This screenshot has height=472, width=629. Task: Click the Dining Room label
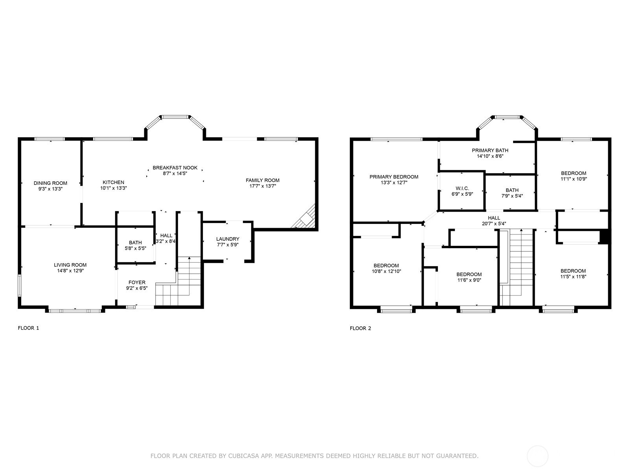(50, 183)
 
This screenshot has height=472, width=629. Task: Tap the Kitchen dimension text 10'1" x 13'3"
(114, 188)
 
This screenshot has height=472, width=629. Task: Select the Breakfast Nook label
(175, 168)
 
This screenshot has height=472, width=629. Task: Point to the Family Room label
(263, 180)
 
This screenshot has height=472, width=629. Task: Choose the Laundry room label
(228, 239)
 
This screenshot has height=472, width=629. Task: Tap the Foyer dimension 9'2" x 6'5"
(137, 288)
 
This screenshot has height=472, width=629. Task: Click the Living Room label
(70, 265)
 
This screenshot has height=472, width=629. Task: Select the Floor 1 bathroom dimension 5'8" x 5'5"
(136, 249)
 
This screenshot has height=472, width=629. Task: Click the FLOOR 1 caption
(28, 328)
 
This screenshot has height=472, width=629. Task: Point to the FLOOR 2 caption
(360, 328)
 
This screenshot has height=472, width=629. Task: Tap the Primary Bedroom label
(394, 177)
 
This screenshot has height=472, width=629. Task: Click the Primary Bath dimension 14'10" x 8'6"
(490, 156)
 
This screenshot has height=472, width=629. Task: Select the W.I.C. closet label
(462, 188)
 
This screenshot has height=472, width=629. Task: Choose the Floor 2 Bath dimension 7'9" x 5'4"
(512, 196)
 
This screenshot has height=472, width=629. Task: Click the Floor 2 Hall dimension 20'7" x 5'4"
(494, 224)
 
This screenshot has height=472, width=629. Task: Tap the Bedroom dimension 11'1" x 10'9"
(574, 179)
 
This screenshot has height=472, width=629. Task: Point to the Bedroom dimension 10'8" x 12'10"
(386, 271)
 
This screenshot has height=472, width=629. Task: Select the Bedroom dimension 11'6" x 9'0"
(469, 280)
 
